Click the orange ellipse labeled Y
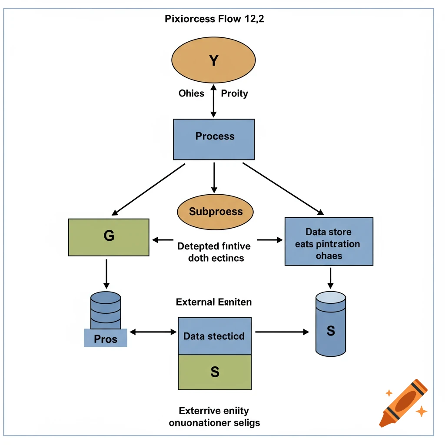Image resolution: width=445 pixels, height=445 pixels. pos(213,60)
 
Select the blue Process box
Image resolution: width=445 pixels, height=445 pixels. pos(214,139)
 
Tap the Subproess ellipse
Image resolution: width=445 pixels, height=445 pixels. pos(216,212)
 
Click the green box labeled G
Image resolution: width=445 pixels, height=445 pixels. pos(109,237)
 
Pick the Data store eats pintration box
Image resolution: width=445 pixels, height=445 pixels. pos(329,241)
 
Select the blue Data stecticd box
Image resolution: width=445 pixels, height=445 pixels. pos(215,336)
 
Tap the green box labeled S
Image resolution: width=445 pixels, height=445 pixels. pos(215,372)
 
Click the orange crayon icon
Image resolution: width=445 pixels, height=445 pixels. pos(403,402)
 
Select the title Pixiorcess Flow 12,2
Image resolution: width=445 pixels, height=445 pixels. pos(215,19)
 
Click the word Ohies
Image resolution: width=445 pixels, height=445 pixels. pos(191,93)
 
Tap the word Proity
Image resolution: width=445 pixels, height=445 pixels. pos(235,93)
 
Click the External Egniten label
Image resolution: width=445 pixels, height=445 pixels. pos(214,302)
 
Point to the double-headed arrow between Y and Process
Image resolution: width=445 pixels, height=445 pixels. pos(213,101)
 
